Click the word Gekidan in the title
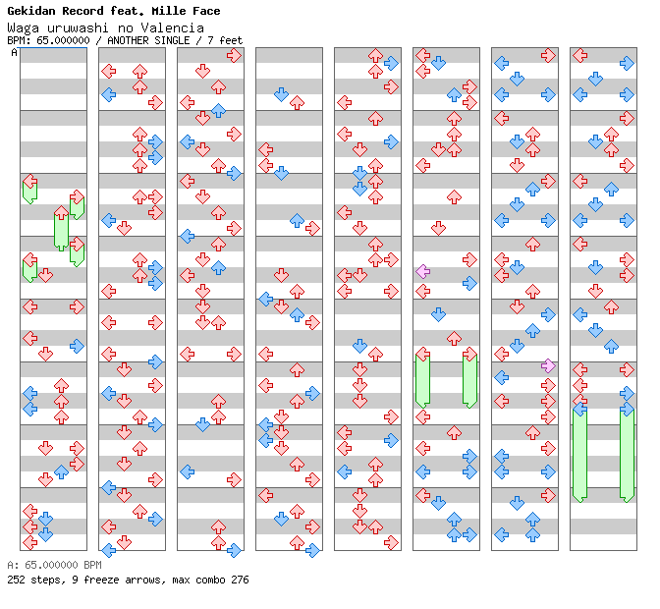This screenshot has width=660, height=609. tap(31, 11)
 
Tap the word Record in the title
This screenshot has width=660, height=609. tap(82, 11)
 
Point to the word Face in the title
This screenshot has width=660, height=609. tap(206, 11)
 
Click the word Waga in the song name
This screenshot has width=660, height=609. tap(24, 28)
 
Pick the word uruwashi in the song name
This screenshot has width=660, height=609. tap(78, 28)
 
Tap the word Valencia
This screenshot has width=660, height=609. tap(172, 28)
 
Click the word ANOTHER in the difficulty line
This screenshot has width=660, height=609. tap(128, 40)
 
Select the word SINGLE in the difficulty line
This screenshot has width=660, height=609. tap(172, 40)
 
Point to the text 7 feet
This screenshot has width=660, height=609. tap(225, 40)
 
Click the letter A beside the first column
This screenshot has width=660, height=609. tap(15, 53)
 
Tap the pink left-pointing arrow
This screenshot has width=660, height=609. tap(422, 271)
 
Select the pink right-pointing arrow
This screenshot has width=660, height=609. tap(548, 365)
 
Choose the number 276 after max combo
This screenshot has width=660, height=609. tap(240, 580)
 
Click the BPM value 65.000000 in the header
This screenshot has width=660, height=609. tap(63, 40)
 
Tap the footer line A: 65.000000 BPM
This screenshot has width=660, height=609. tap(54, 565)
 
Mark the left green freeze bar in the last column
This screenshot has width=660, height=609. tap(579, 455)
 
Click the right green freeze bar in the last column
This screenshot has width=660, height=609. tap(627, 455)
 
